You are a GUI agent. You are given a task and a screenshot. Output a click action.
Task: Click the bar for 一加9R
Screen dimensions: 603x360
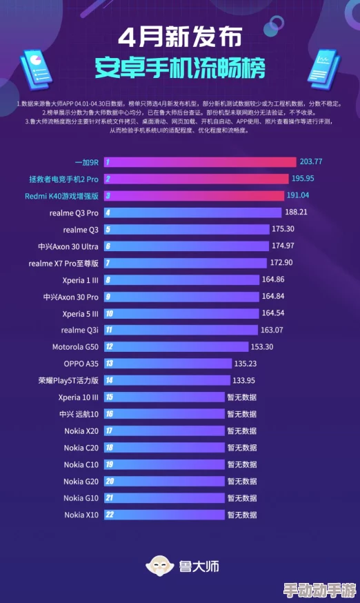pyautogui.click(x=200, y=162)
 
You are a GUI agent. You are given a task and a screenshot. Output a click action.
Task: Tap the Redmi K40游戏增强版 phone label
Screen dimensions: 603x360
pyautogui.click(x=62, y=195)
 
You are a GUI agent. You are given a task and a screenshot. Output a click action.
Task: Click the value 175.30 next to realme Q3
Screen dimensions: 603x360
pyautogui.click(x=283, y=228)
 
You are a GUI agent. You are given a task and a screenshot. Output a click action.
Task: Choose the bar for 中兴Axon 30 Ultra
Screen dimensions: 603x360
pyautogui.click(x=186, y=246)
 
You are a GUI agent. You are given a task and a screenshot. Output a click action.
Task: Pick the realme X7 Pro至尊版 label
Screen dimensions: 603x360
pyautogui.click(x=63, y=263)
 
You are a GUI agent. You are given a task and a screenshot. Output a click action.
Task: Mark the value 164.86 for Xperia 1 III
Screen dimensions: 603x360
pyautogui.click(x=272, y=279)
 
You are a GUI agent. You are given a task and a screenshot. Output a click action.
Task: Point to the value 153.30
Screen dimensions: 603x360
pyautogui.click(x=261, y=347)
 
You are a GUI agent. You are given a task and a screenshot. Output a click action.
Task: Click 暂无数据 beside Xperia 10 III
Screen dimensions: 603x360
pyautogui.click(x=241, y=397)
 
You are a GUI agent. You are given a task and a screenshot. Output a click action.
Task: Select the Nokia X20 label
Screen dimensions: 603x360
pyautogui.click(x=81, y=431)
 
